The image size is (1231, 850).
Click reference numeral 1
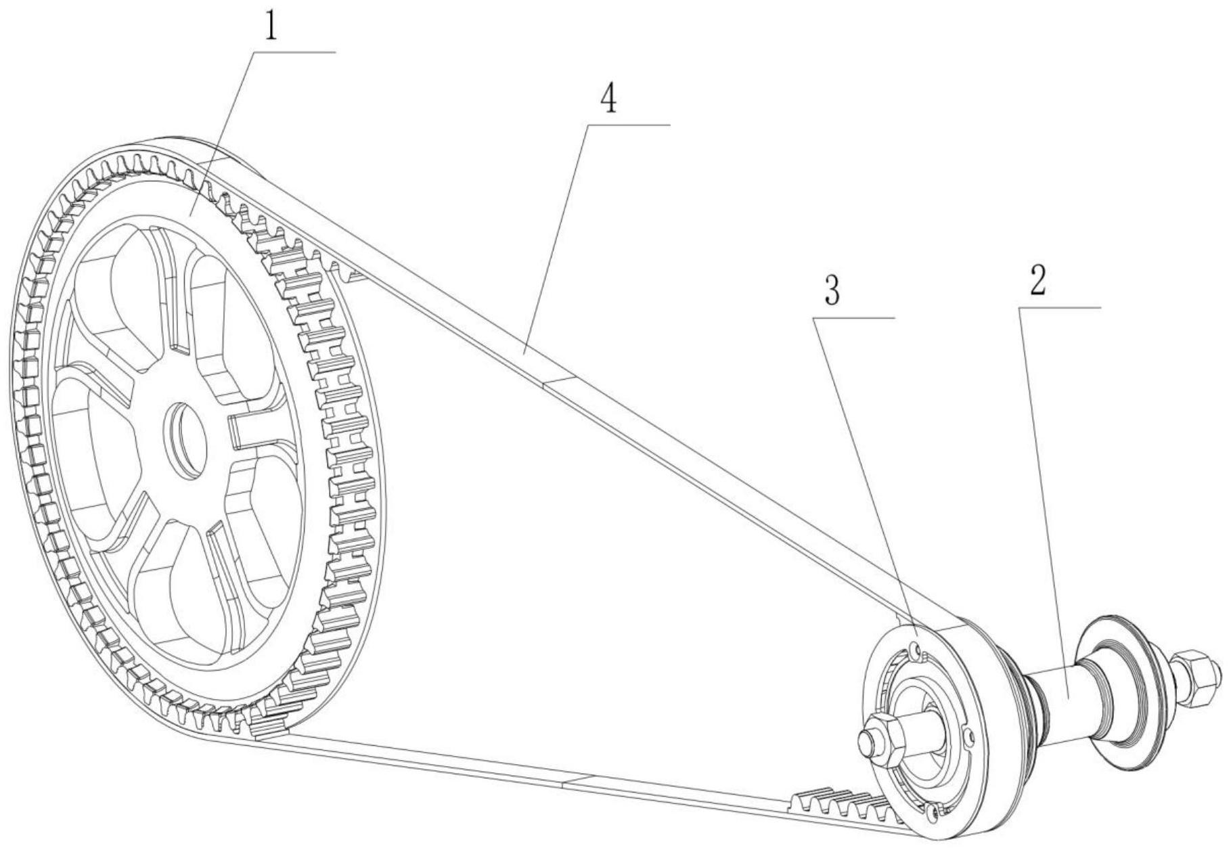(x=271, y=27)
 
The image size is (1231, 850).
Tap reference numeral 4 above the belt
(x=609, y=99)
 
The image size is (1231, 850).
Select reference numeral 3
(x=832, y=292)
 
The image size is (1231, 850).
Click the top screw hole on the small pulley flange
(x=916, y=651)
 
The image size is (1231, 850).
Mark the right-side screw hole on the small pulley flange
(x=970, y=735)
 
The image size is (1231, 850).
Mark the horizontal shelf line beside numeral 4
(x=628, y=125)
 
